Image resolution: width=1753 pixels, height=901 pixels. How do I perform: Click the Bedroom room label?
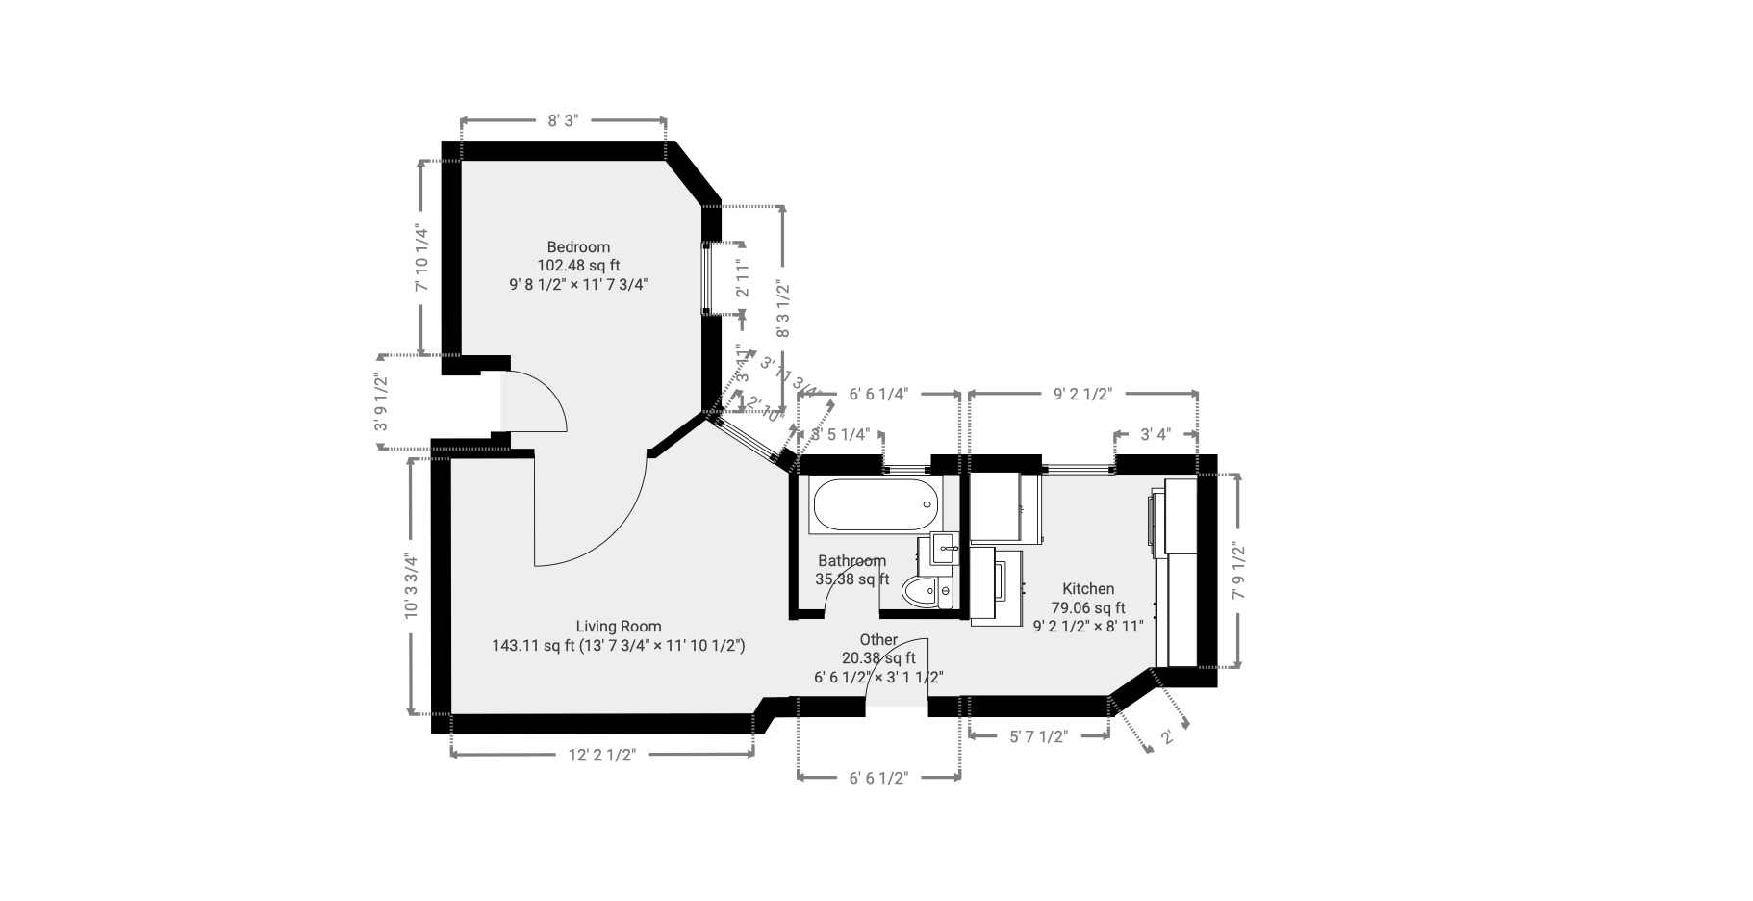[x=578, y=246]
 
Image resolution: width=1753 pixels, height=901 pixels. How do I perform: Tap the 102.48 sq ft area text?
[x=578, y=265]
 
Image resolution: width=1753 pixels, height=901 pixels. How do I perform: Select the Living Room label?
[x=618, y=626]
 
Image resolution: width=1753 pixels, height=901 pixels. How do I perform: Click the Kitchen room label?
[x=1088, y=588]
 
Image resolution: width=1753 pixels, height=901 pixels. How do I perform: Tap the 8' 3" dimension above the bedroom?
[x=562, y=120]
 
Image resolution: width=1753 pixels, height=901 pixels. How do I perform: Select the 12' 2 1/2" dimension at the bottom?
[x=602, y=755]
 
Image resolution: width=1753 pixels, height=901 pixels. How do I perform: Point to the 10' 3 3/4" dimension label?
[x=411, y=585]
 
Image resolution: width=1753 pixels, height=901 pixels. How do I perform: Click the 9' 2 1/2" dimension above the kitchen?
[x=1082, y=394]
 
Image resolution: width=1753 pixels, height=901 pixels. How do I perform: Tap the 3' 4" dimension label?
[x=1156, y=434]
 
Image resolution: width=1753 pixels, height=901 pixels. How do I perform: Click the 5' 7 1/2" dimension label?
[x=1038, y=736]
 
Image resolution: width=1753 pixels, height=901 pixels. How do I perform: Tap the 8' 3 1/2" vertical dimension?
[x=782, y=308]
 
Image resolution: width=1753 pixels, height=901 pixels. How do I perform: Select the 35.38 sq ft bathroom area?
[x=851, y=579]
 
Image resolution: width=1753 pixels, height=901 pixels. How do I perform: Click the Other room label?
[x=878, y=639]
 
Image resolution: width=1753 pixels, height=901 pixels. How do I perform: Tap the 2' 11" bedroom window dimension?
[x=742, y=278]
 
